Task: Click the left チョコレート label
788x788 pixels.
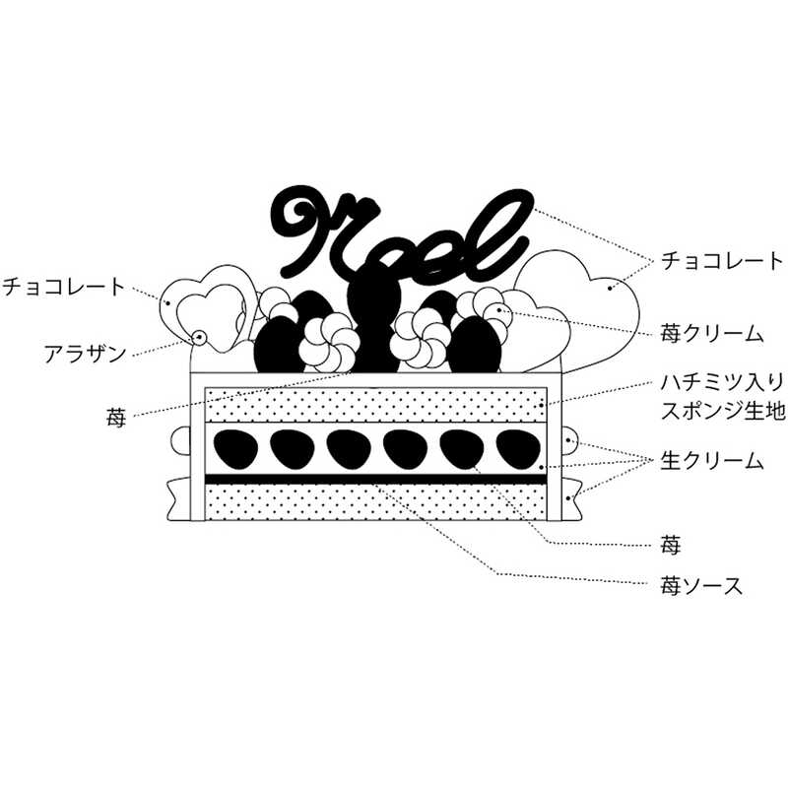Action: tap(65, 287)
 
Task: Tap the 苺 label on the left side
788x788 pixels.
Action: tap(116, 419)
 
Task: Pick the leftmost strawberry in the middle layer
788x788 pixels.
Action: tap(233, 449)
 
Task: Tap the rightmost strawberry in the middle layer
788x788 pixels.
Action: tap(518, 449)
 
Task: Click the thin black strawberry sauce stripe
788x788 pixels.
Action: tap(374, 480)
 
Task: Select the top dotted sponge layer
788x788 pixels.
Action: tap(374, 405)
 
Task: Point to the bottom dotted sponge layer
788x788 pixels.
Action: tap(374, 503)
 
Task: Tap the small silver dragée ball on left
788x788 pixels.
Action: tap(200, 338)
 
